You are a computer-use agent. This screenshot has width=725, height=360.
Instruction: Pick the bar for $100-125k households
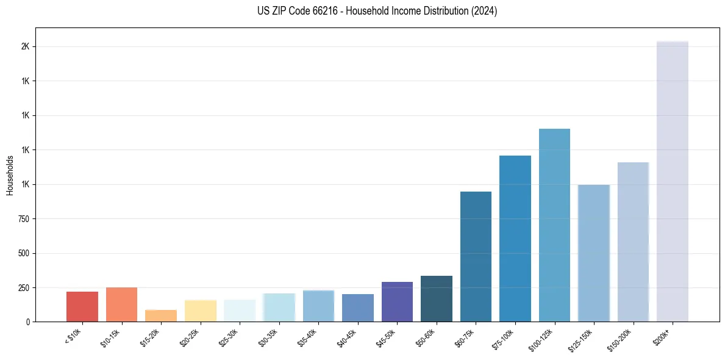tap(554, 225)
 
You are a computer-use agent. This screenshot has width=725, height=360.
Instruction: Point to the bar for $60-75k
tap(476, 256)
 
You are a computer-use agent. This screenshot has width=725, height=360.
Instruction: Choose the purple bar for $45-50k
tap(397, 301)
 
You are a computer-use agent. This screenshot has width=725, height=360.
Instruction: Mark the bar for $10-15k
tap(121, 304)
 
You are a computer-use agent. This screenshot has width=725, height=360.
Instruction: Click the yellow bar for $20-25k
tap(201, 311)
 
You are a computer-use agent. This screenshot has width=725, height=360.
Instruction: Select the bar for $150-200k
tap(633, 242)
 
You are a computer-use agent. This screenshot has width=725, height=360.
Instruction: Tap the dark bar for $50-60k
tap(437, 298)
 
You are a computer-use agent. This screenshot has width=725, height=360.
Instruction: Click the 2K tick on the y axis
tap(25, 47)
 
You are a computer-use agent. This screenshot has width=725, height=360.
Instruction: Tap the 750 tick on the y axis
tap(23, 219)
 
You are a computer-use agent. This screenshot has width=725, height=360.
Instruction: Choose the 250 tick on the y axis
tap(23, 287)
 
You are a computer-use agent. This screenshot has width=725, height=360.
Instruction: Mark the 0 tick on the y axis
tap(27, 322)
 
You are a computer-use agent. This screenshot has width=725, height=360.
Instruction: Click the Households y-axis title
tap(10, 175)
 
